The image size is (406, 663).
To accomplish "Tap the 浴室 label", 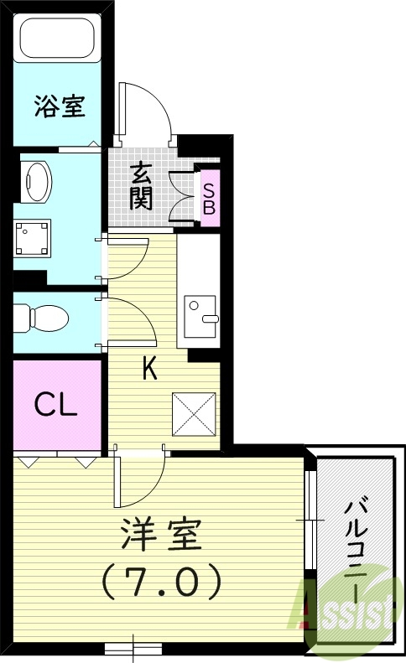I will (56, 106).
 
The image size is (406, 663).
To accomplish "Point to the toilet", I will (42, 318).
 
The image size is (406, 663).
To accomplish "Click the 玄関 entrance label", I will (141, 185).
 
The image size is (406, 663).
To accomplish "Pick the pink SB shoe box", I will (208, 197).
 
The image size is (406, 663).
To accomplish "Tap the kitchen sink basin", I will (200, 310).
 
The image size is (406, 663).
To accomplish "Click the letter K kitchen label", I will (148, 370).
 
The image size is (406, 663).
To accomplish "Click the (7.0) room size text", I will (161, 578).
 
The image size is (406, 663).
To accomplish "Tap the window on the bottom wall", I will (133, 647).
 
